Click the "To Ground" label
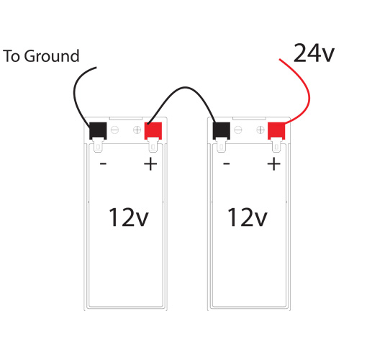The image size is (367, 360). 41,56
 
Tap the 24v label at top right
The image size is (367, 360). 314,53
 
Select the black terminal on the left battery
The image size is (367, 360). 98,131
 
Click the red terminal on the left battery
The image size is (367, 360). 153,131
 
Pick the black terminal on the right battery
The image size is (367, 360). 222,131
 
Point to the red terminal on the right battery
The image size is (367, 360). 276,131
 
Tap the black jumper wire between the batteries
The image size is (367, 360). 185,87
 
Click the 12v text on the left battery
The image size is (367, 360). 129,217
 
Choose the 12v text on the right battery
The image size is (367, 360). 248,217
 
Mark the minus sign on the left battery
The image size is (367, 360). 103,164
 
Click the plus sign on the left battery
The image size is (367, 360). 150,164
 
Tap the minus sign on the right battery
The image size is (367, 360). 227,164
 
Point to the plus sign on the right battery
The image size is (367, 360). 273,164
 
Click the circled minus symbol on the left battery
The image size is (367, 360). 114,130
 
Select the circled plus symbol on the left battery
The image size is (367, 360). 137,130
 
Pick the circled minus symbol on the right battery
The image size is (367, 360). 238,130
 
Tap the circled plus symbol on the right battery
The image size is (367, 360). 260,130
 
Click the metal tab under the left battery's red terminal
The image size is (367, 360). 153,145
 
